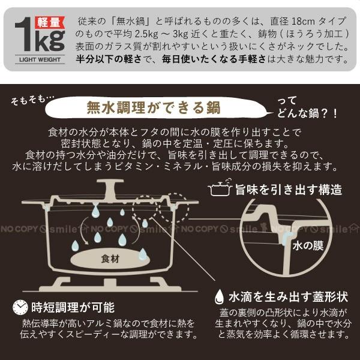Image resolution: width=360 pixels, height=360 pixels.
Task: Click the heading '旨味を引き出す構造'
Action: tap(288, 190)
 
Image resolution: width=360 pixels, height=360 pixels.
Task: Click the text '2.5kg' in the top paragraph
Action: tap(161, 33)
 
